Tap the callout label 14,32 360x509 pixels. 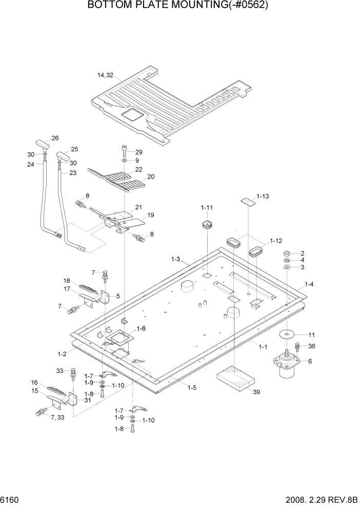tap(105, 75)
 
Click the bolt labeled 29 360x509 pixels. tap(125, 151)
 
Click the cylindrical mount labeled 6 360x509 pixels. tap(285, 367)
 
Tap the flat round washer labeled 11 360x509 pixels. tap(288, 335)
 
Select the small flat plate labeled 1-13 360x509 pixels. tap(249, 201)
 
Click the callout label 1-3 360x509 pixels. tap(175, 260)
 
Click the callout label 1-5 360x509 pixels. tap(191, 387)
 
